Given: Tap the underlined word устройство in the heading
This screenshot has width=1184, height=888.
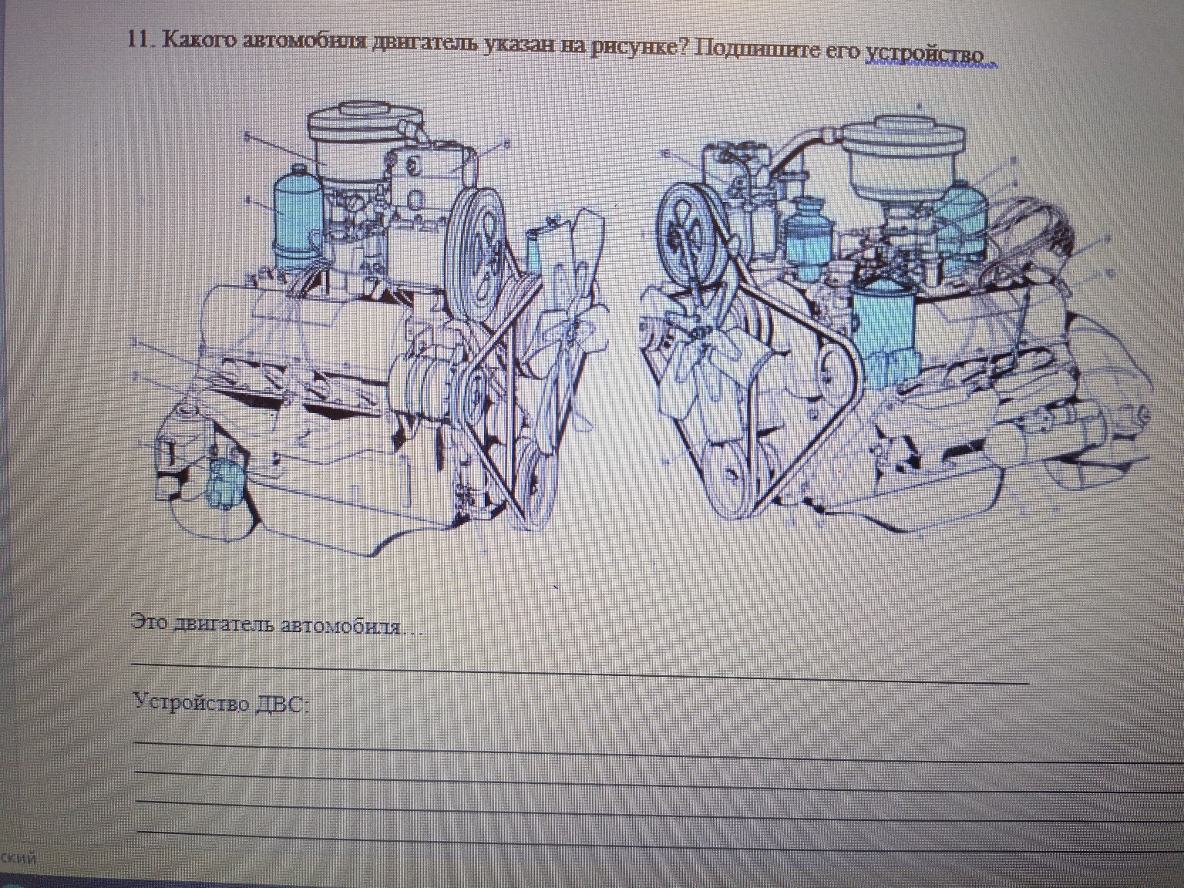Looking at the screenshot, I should click(925, 55).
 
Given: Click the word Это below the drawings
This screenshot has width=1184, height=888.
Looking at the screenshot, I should click(149, 621).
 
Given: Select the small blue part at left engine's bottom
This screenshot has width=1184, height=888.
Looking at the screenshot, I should click(227, 483).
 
